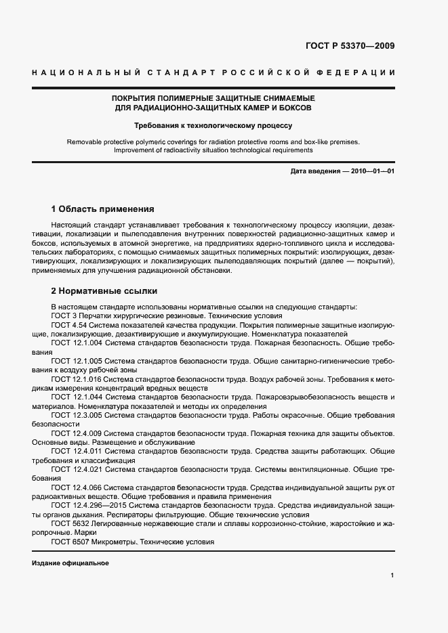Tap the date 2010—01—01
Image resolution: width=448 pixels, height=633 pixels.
click(373, 172)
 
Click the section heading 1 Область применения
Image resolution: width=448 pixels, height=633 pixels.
click(102, 209)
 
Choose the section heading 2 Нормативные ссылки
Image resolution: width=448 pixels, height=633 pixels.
click(104, 291)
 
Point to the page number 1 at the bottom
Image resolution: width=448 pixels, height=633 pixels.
click(392, 575)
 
